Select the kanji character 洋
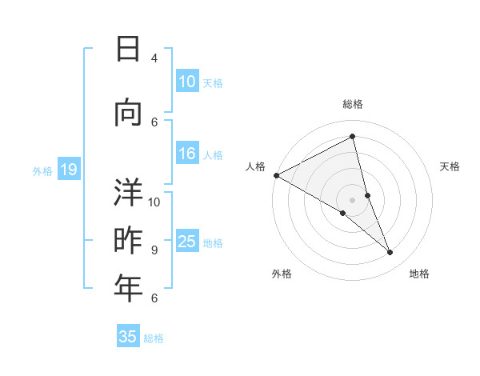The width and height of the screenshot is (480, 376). coord(128,192)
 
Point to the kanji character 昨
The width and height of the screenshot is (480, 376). coord(128,241)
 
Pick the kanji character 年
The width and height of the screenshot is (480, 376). coord(128,288)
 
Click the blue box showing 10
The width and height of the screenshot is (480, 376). coord(187,82)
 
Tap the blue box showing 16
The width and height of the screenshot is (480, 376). coord(187,154)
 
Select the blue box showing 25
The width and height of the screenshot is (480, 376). coord(187,242)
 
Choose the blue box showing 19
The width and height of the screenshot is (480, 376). coord(69,170)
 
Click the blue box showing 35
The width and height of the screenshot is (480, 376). coord(128,337)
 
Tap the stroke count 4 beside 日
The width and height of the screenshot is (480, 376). coord(154,58)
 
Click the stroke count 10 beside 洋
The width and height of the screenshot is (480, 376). coord(154,202)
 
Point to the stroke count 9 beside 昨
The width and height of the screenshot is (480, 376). coord(154,250)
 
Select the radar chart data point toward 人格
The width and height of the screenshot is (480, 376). coord(277,175)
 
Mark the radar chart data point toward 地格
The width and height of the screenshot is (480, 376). coord(390,253)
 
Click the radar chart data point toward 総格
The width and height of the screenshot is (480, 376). coord(352,137)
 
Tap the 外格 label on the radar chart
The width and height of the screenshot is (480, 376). coord(282,274)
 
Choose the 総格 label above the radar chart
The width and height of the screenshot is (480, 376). coord(352,104)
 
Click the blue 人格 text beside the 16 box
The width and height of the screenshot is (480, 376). coord(213,154)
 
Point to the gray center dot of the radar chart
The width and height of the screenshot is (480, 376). coord(352,198)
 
